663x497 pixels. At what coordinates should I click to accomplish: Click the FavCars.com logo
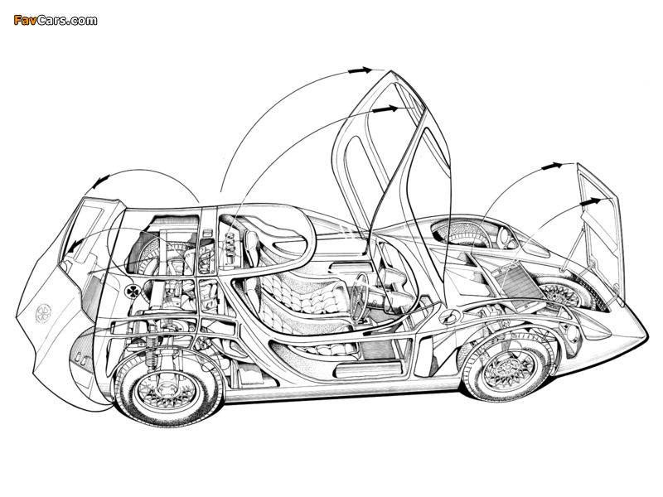tap(55, 19)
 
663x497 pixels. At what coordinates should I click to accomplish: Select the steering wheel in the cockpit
tap(362, 296)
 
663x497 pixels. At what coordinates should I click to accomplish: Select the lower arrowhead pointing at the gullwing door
tap(384, 109)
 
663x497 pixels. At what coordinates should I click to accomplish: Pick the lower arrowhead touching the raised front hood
tap(591, 200)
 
